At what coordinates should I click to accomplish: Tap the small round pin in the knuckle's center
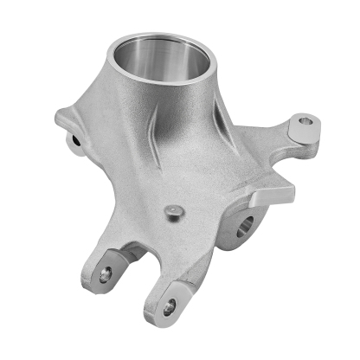(x=173, y=209)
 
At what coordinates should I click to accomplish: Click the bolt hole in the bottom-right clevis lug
(x=169, y=305)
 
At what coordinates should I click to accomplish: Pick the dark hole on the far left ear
(x=75, y=138)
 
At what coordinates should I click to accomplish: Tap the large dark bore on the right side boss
(x=243, y=227)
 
